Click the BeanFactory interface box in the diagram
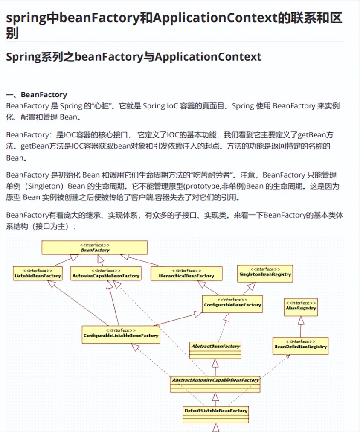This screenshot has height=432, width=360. pyautogui.click(x=94, y=248)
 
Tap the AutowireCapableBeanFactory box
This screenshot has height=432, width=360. pyautogui.click(x=105, y=274)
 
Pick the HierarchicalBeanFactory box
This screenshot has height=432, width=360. pyautogui.click(x=186, y=274)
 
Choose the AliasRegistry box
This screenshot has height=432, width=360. pyautogui.click(x=301, y=307)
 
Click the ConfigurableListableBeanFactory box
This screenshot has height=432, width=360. pyautogui.click(x=121, y=333)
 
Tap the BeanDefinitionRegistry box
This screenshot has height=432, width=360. pyautogui.click(x=300, y=344)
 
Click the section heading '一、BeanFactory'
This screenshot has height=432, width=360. pyautogui.click(x=37, y=95)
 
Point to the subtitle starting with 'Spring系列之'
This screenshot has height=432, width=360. pyautogui.click(x=134, y=57)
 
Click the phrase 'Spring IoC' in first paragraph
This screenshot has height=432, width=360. pyautogui.click(x=159, y=106)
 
